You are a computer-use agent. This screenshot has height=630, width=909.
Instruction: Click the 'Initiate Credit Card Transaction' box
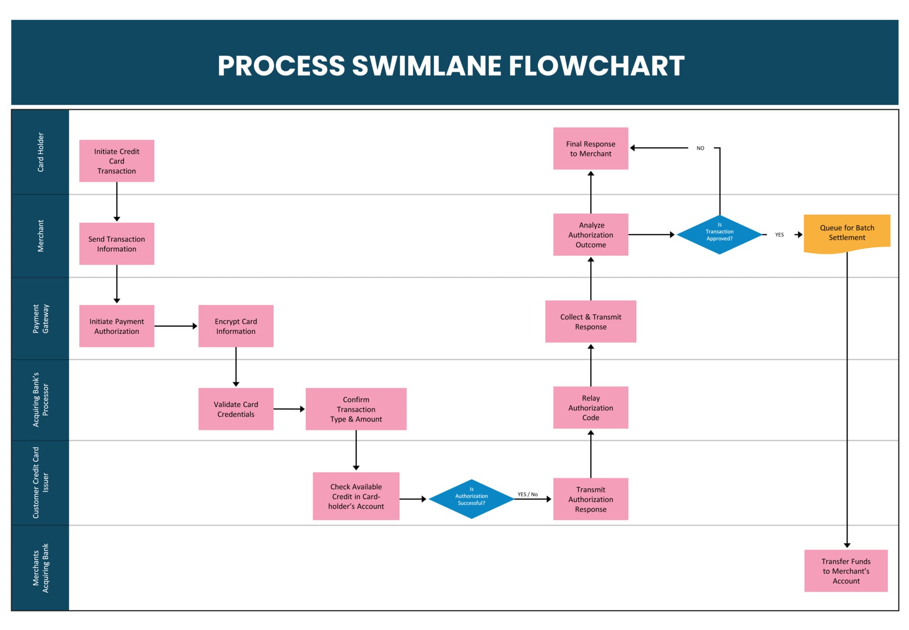pos(116,161)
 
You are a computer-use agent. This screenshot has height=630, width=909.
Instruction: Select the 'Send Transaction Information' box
pos(116,244)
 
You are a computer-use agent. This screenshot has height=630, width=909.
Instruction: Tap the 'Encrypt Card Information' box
pos(236,326)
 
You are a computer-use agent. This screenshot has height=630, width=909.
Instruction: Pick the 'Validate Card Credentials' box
pos(236,409)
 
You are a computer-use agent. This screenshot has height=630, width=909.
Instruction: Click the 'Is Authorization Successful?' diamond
pos(471,499)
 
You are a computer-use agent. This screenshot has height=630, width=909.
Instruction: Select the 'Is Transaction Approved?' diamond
pos(719,235)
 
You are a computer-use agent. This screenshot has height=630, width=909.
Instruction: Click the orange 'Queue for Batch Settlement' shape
pos(847,233)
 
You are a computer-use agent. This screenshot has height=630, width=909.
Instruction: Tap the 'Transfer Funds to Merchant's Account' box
pos(846,571)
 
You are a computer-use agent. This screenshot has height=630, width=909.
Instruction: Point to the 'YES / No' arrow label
pos(527,494)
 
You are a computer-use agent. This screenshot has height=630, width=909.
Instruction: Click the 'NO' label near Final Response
pos(700,148)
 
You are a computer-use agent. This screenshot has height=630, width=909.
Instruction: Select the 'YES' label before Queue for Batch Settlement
pos(779,235)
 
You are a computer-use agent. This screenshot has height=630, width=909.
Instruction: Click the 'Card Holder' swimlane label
pos(41,152)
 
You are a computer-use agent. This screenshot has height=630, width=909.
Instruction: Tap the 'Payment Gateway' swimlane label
pos(41,319)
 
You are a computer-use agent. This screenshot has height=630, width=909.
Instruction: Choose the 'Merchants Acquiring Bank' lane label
pos(41,568)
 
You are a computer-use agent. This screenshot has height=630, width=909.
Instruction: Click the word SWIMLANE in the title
pos(426,65)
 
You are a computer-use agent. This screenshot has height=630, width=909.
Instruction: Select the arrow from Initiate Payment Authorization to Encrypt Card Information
pos(176,326)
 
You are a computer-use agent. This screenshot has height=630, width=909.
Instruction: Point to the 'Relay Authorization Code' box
pos(590,408)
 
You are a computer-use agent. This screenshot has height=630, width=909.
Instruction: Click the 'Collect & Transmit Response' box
pos(590,321)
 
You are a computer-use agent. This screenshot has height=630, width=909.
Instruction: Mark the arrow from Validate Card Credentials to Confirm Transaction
pos(289,409)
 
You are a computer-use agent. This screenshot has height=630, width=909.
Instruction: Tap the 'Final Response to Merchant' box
pos(590,148)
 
